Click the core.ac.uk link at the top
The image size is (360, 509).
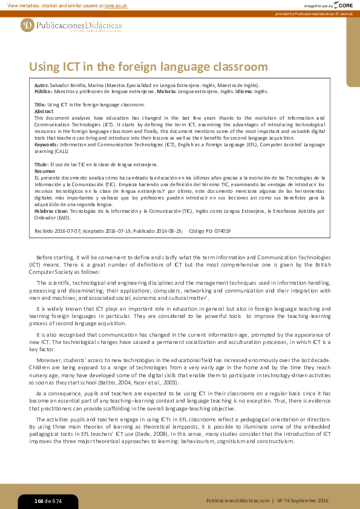(x=116, y=5)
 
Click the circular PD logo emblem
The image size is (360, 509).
(x=27, y=25)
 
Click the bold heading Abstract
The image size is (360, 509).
(x=44, y=111)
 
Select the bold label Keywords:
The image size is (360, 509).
(x=47, y=145)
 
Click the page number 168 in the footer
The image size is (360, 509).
(x=39, y=501)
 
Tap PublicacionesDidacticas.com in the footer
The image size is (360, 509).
(x=237, y=501)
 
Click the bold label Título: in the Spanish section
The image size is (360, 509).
(x=41, y=164)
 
